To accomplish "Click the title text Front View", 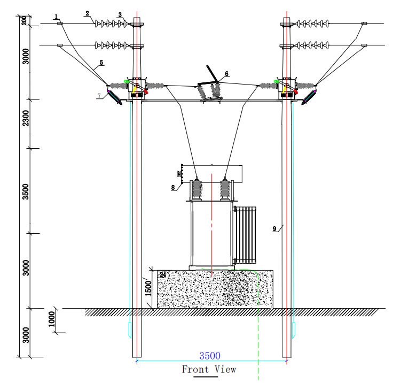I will pyautogui.click(x=209, y=369).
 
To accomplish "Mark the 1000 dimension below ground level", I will pyautogui.click(x=51, y=320).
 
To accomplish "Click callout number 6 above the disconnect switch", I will pyautogui.click(x=226, y=73).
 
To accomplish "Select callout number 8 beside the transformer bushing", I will pyautogui.click(x=174, y=188).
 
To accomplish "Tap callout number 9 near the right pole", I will pyautogui.click(x=274, y=229).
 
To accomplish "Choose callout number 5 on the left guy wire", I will pyautogui.click(x=100, y=63).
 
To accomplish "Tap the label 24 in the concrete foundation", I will pyautogui.click(x=162, y=275).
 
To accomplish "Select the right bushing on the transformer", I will pyautogui.click(x=227, y=189).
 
